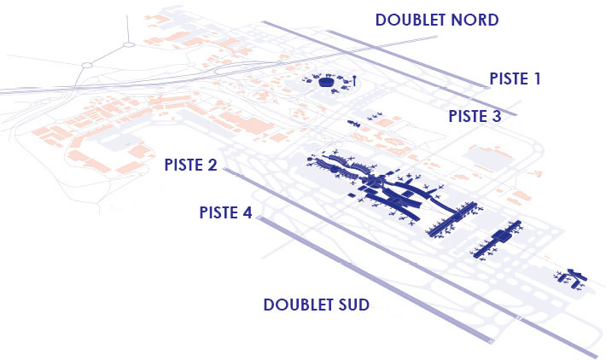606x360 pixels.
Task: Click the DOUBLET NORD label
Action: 437,20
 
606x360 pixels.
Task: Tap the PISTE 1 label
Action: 515,78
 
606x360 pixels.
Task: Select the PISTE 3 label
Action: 475,116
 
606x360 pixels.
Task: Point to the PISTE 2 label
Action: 190,165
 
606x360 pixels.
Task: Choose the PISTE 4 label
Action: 225,212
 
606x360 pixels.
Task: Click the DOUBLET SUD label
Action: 316,305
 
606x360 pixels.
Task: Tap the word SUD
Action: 353,305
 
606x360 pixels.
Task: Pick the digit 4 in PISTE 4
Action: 247,212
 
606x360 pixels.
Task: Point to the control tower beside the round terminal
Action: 354,81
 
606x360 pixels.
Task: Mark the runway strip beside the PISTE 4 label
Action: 375,280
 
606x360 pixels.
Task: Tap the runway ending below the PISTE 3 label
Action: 422,73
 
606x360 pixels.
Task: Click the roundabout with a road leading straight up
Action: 129,45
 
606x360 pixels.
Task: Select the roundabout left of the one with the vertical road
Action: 87,66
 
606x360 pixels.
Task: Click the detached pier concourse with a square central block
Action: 498,239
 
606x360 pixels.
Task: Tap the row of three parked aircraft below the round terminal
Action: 375,116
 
